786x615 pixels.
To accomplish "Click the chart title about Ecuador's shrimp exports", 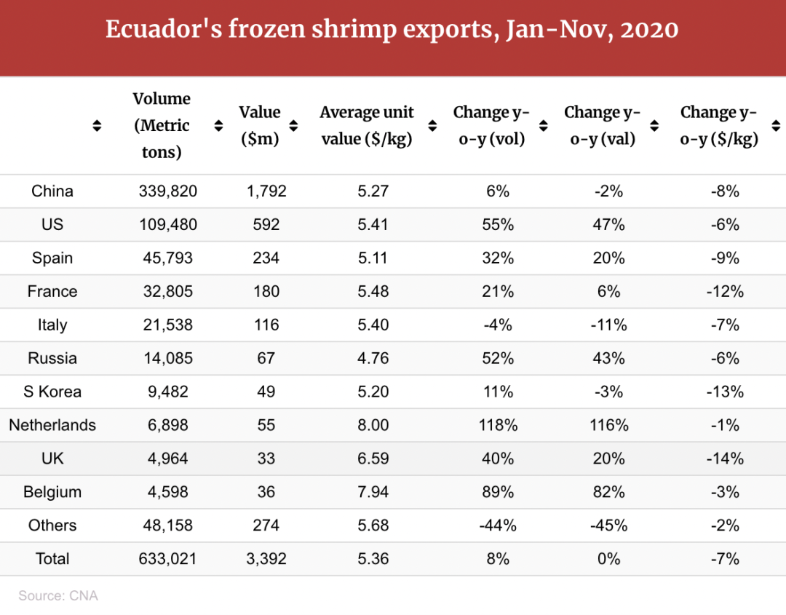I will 392,31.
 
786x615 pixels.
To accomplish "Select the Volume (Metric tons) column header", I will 162,125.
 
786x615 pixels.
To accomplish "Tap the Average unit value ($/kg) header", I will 367,125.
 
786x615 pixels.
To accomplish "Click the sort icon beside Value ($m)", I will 293,126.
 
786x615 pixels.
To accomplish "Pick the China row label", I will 52,191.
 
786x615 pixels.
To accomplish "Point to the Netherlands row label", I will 52,425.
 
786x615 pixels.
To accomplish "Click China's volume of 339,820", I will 168,191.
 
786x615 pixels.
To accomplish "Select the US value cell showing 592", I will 266,225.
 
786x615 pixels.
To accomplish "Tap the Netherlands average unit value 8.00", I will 373,425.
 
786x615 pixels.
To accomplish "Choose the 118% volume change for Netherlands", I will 498,425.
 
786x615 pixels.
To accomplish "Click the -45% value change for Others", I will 608,525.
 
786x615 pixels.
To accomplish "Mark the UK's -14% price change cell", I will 725,459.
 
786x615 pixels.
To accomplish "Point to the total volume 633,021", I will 168,559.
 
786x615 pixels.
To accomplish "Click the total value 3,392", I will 266,559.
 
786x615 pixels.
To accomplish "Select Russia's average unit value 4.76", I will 373,358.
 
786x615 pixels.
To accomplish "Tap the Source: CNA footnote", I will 58,596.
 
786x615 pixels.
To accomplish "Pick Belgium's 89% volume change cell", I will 498,492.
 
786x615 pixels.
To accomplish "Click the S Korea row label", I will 52,392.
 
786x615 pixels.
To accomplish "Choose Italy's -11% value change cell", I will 608,325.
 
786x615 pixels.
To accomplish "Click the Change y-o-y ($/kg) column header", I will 719,125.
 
